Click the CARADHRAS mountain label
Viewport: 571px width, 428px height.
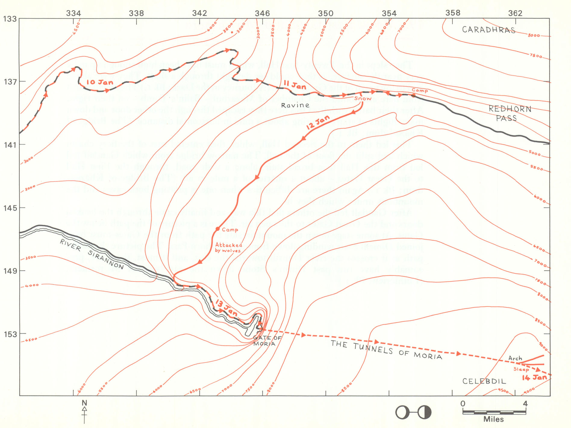[488, 30]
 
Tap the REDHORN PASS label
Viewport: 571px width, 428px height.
[509, 113]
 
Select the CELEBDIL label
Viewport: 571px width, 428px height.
[484, 381]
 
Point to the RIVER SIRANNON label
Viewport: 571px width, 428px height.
[92, 254]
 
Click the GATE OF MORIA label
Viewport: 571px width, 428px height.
[266, 341]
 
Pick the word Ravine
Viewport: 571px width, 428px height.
[295, 105]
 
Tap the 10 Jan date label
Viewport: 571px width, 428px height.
[100, 82]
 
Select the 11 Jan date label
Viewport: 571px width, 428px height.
[295, 85]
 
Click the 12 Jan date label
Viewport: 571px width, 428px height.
[318, 122]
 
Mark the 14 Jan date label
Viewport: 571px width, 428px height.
[534, 378]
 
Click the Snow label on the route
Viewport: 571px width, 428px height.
[363, 98]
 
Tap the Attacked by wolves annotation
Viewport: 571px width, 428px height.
[228, 248]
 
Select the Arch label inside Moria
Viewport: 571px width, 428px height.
[515, 358]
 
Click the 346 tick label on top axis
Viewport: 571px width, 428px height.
[262, 13]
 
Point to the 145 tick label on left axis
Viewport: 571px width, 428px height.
[10, 208]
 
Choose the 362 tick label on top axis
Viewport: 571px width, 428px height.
[515, 13]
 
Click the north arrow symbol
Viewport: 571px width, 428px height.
[84, 411]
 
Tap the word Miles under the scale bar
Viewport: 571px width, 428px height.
[494, 419]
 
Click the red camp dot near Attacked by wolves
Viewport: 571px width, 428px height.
[217, 229]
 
